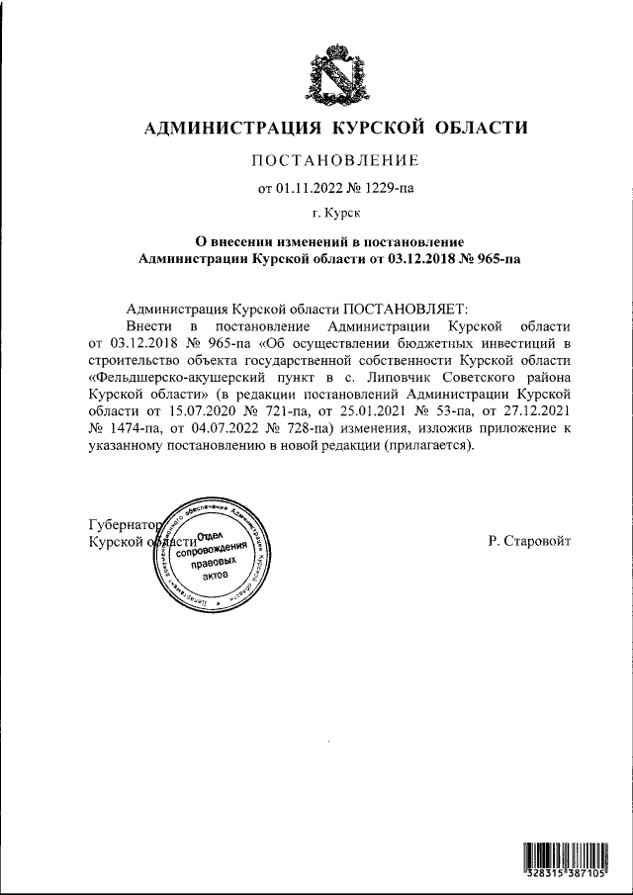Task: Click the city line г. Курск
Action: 336,212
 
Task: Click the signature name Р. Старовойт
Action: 528,541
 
